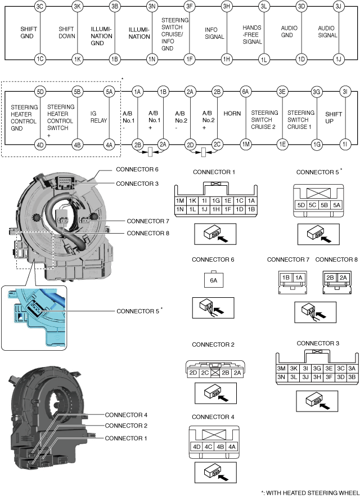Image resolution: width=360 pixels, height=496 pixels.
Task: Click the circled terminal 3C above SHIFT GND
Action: click(x=39, y=7)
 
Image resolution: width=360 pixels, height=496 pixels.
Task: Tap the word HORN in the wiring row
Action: click(x=232, y=113)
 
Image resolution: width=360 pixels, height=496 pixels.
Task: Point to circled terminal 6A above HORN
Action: click(x=246, y=91)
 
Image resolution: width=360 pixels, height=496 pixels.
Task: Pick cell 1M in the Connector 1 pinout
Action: click(x=179, y=201)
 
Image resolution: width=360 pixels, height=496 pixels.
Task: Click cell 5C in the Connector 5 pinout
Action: click(x=314, y=204)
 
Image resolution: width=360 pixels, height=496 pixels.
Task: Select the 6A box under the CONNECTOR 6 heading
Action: click(x=212, y=279)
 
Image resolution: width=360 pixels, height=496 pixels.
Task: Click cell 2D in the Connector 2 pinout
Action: click(x=193, y=372)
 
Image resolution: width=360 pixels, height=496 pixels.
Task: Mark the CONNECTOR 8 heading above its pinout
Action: click(x=336, y=260)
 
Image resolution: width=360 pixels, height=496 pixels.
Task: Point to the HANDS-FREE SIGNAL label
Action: click(x=252, y=34)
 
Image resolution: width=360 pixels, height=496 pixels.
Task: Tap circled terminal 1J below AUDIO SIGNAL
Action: click(x=338, y=59)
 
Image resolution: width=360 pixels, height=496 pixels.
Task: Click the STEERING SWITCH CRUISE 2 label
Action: click(x=264, y=117)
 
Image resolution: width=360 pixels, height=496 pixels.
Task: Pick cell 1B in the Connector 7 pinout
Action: click(x=286, y=278)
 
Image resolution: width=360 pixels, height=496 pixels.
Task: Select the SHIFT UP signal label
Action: click(x=334, y=117)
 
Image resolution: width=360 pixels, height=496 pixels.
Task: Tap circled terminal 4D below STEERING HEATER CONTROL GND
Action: click(x=40, y=145)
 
